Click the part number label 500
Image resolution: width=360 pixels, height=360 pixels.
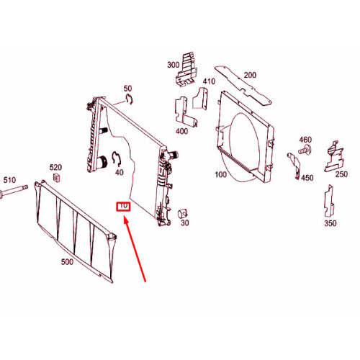pyautogui.click(x=67, y=261)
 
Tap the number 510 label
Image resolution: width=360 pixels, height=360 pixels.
pyautogui.click(x=9, y=180)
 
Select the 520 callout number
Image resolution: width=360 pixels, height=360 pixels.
pyautogui.click(x=55, y=167)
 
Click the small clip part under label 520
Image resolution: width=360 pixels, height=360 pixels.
pyautogui.click(x=56, y=178)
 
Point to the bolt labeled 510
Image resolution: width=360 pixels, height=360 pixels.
pyautogui.click(x=13, y=192)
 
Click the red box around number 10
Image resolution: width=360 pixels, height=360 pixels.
pyautogui.click(x=123, y=207)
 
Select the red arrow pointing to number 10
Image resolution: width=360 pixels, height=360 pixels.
pyautogui.click(x=135, y=249)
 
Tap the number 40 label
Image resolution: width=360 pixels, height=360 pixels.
pyautogui.click(x=120, y=172)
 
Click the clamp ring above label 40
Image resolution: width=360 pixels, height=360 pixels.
pyautogui.click(x=117, y=158)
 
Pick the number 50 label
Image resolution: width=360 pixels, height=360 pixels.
pyautogui.click(x=127, y=89)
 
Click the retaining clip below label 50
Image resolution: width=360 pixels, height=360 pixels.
pyautogui.click(x=130, y=99)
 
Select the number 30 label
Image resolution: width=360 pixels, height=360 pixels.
pyautogui.click(x=184, y=222)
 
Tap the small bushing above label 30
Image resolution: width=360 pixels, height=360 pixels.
pyautogui.click(x=182, y=213)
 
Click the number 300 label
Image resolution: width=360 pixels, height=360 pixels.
pyautogui.click(x=174, y=65)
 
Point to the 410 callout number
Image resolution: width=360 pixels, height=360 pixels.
pyautogui.click(x=209, y=81)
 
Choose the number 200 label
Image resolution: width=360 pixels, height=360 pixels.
pyautogui.click(x=250, y=75)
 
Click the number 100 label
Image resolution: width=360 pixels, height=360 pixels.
pyautogui.click(x=220, y=174)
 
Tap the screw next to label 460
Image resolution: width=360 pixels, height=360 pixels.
pyautogui.click(x=305, y=150)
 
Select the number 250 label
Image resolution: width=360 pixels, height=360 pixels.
pyautogui.click(x=341, y=174)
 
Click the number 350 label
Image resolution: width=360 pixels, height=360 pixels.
pyautogui.click(x=330, y=223)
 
